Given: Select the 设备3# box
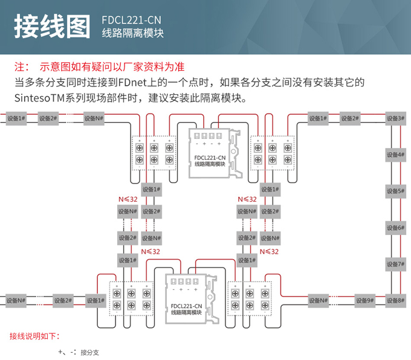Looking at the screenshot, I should tap(395, 118).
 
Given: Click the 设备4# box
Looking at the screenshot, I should tap(395, 155).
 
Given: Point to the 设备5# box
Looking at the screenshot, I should tap(395, 191).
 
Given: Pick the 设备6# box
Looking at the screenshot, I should tap(395, 228).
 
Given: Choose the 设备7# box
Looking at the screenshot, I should tap(395, 264).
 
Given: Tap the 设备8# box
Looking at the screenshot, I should tap(395, 300).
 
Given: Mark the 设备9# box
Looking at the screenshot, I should tap(364, 300).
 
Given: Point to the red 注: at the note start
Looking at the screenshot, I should tap(22, 66).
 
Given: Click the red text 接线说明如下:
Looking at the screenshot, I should tap(35, 335).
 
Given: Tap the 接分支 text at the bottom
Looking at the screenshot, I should tap(89, 352).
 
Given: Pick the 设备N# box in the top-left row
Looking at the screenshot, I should tap(93, 118).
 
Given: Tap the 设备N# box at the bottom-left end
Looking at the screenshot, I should tap(16, 300).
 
